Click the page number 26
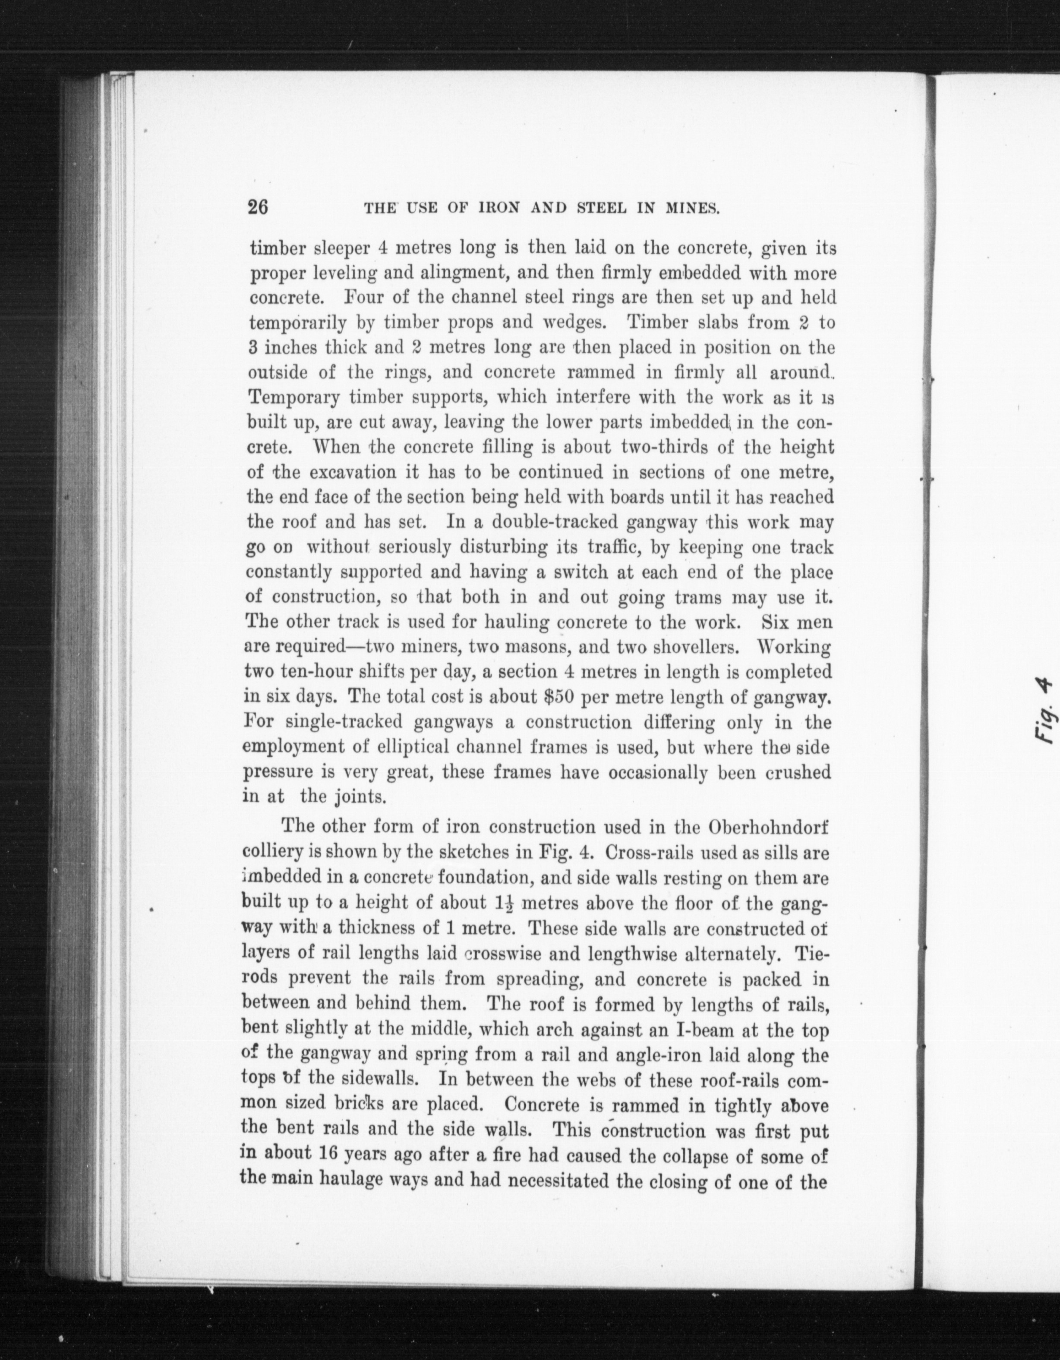258,207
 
